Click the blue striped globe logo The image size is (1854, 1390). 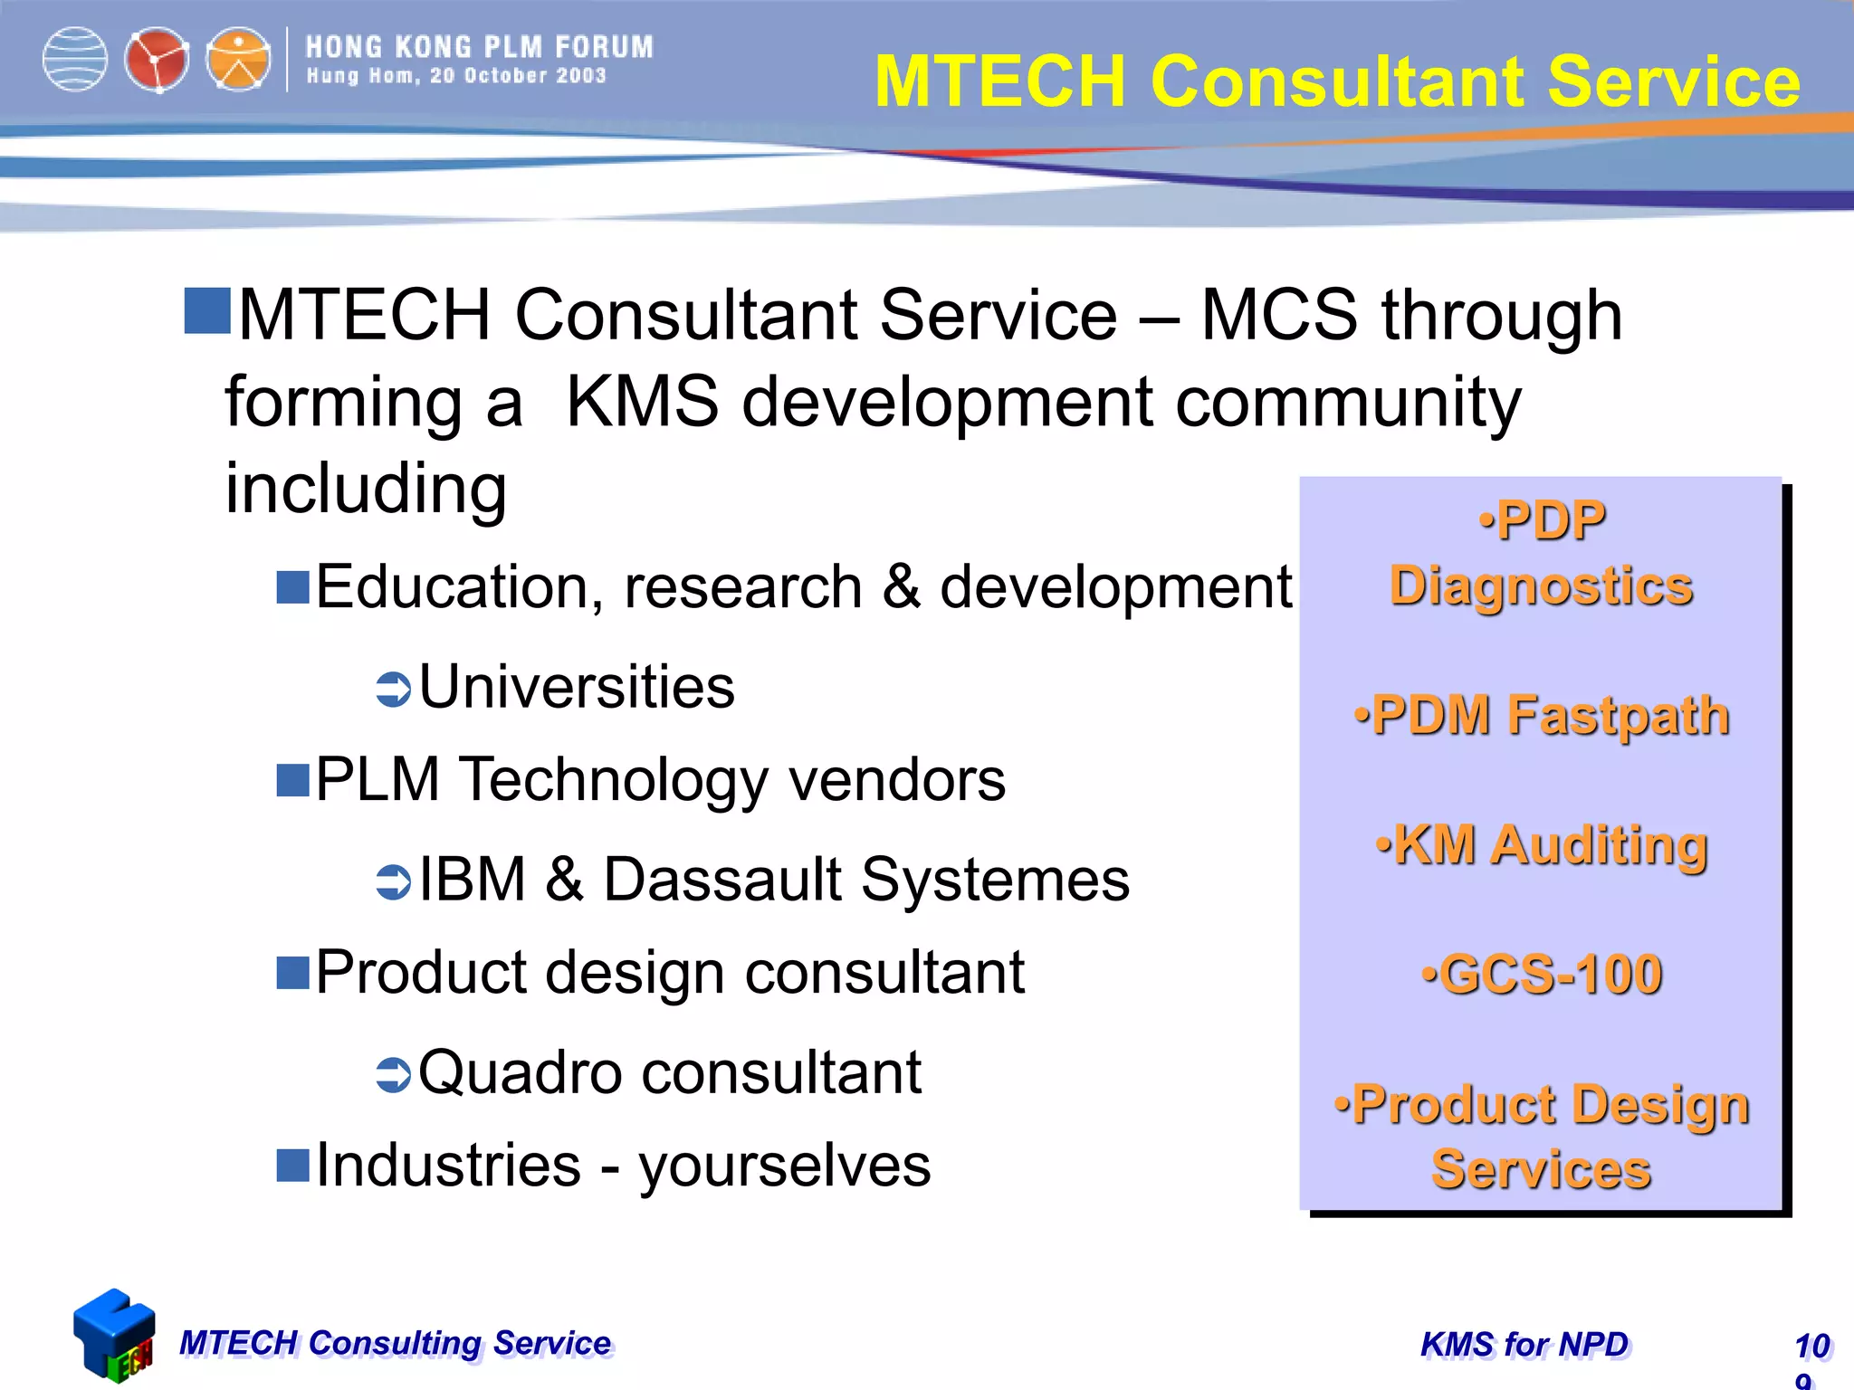click(75, 60)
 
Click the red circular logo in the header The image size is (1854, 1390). click(157, 60)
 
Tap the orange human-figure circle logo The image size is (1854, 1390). click(238, 60)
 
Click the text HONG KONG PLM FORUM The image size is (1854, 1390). click(479, 47)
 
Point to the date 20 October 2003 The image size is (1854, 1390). click(518, 76)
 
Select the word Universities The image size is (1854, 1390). click(577, 687)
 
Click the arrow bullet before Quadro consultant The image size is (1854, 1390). click(394, 1074)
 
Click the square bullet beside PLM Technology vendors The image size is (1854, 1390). click(293, 780)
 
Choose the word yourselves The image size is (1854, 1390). click(785, 1166)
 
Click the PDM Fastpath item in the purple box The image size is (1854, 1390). click(1542, 716)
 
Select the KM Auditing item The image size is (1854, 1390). click(1542, 845)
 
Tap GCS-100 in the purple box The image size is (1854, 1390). click(1542, 975)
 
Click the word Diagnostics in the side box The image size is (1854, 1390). click(1542, 586)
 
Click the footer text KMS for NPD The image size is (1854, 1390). click(1524, 1345)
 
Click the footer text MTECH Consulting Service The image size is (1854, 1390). click(396, 1343)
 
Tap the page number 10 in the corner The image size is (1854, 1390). click(1812, 1346)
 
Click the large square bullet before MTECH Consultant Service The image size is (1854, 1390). click(207, 311)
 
